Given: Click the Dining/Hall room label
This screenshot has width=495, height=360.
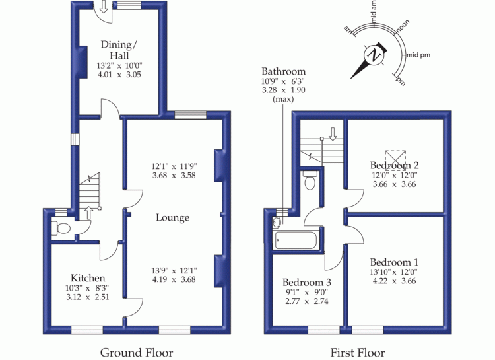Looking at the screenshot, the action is click(x=119, y=50).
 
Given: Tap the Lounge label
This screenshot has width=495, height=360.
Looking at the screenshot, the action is click(x=173, y=217).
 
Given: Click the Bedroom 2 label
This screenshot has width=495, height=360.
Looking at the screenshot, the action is click(x=394, y=164).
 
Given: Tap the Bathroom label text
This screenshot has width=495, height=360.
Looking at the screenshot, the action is click(x=283, y=71).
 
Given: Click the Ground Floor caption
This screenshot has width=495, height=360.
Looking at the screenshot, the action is click(x=137, y=352).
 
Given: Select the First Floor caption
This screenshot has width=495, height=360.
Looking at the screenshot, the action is click(x=358, y=352).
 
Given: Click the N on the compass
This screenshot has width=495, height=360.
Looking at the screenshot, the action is click(x=376, y=55).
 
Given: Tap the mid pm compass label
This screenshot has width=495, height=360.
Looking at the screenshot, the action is click(x=418, y=54).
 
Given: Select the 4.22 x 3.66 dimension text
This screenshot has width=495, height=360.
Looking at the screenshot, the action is click(x=394, y=280).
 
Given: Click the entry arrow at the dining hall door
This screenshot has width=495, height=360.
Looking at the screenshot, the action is click(x=104, y=9).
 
